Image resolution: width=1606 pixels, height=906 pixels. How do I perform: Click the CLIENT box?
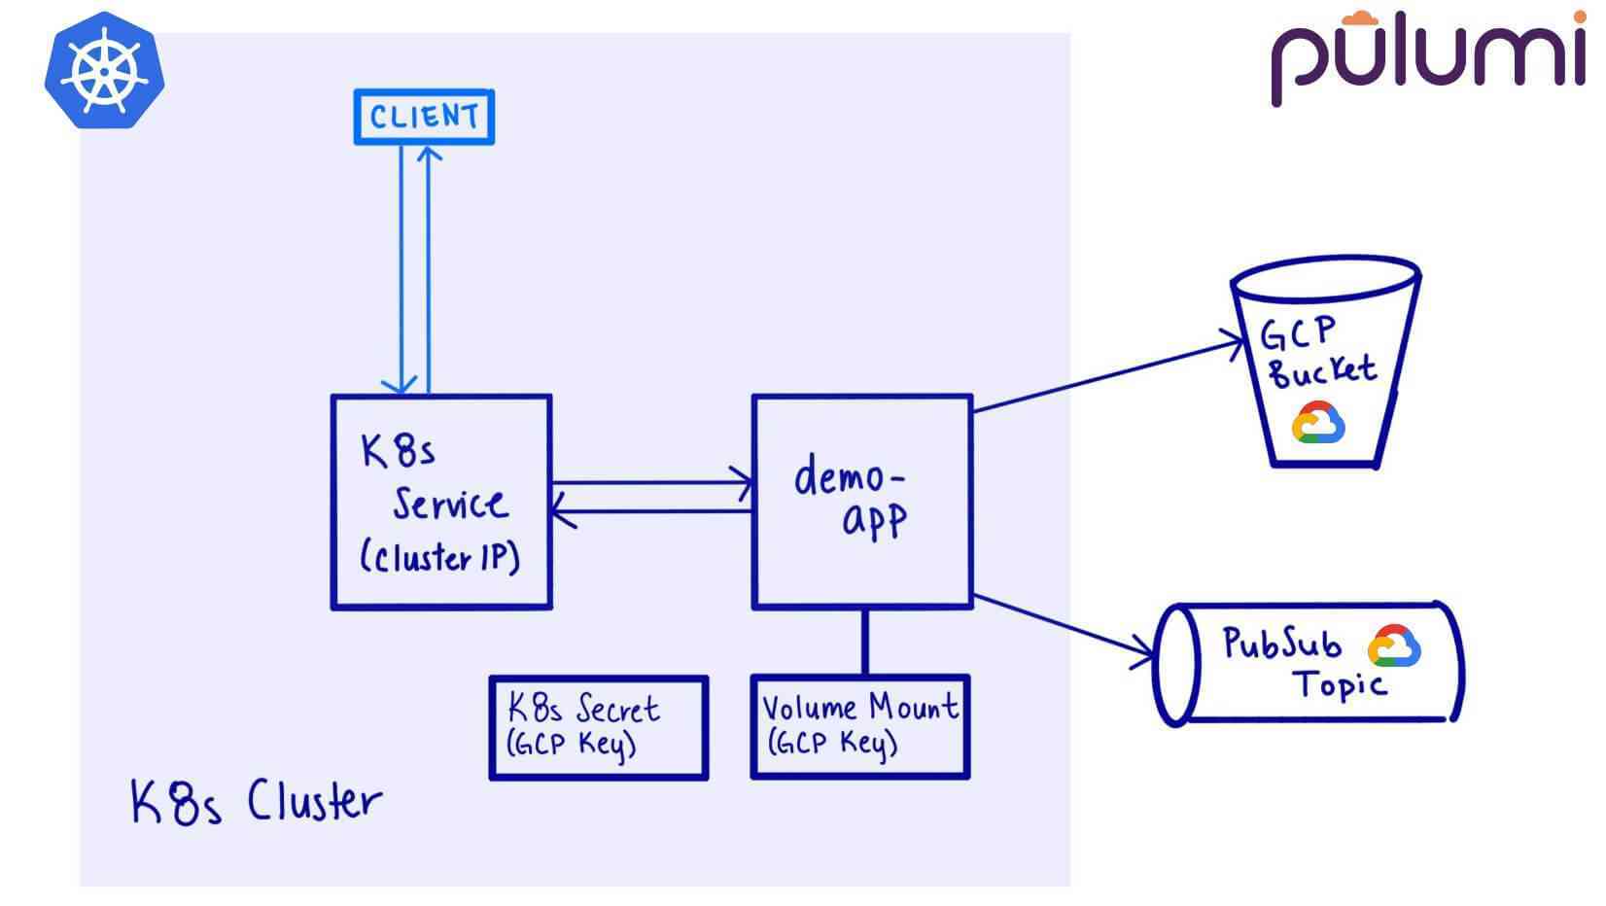(x=424, y=118)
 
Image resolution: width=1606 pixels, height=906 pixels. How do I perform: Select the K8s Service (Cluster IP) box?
(x=441, y=503)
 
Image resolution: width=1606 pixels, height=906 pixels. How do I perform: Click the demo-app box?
(x=862, y=503)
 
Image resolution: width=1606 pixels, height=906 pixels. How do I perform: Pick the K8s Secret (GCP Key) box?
(x=598, y=728)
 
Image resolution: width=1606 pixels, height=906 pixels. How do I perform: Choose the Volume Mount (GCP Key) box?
(x=860, y=728)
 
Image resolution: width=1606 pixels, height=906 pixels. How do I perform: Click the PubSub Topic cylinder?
(x=1308, y=664)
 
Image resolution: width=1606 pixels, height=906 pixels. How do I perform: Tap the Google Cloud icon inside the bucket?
(x=1318, y=424)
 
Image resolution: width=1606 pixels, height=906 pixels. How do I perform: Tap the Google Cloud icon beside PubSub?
(x=1394, y=646)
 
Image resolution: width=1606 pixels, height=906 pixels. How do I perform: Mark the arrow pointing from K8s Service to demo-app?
(x=651, y=482)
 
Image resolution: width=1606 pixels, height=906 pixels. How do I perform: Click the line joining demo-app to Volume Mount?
(x=865, y=643)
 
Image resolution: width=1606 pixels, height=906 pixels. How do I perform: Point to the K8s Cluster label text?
(x=256, y=803)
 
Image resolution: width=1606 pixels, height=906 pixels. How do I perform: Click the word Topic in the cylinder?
(x=1339, y=685)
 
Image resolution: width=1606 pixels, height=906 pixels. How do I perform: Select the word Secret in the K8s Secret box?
(x=618, y=709)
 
